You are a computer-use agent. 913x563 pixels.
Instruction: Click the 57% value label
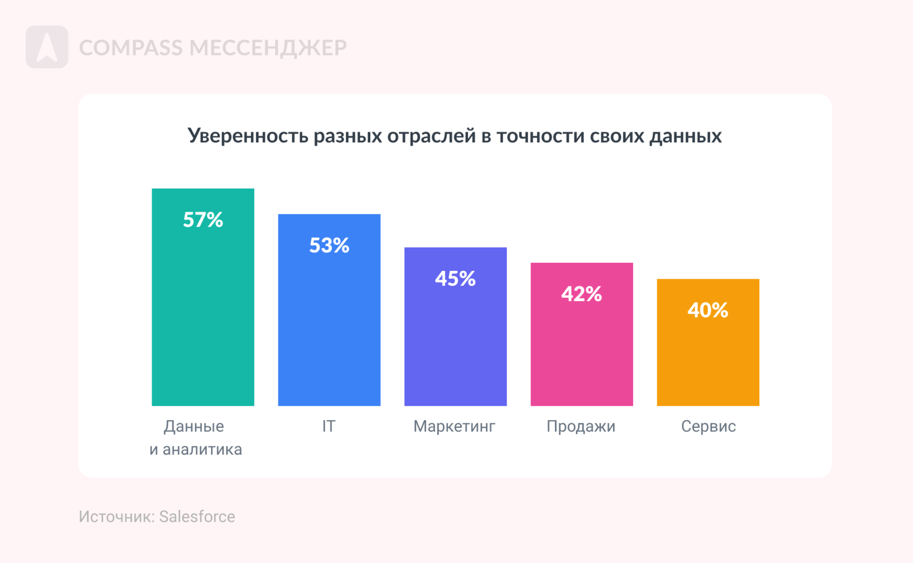point(203,220)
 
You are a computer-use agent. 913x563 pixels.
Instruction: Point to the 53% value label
point(329,246)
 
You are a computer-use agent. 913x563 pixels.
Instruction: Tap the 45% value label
point(455,279)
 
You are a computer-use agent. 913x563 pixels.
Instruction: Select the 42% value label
point(581,294)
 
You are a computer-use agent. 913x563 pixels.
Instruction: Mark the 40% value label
point(708,310)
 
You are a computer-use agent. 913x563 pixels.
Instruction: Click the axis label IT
point(328,426)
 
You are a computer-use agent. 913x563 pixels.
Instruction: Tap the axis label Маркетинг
point(454,426)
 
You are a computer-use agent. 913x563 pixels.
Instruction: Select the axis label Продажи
point(580,426)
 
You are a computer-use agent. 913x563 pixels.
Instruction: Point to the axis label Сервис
point(708,426)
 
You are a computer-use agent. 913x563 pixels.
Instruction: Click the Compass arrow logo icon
point(47,47)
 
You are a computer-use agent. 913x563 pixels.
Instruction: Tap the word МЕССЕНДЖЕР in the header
point(268,48)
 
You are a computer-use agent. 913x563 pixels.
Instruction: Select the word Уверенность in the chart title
point(247,136)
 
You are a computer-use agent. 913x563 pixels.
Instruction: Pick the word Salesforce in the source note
point(197,516)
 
